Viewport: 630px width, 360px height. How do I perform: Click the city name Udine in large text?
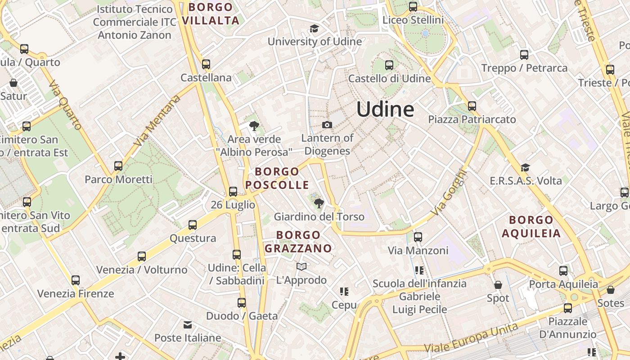[x=385, y=109]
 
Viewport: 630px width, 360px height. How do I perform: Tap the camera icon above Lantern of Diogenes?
[x=327, y=125]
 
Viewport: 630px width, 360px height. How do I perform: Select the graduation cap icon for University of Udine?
[x=314, y=29]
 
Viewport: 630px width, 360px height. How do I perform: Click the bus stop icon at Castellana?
[x=206, y=64]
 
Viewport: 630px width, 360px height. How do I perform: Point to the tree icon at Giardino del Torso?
[x=319, y=203]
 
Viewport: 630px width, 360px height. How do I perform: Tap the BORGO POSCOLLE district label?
[x=277, y=178]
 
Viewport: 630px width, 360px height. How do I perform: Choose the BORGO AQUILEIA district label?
[x=531, y=226]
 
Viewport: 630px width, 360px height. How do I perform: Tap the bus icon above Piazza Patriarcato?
[x=472, y=106]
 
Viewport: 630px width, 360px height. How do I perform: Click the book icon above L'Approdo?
[x=301, y=267]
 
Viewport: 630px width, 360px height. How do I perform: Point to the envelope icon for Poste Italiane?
[x=188, y=324]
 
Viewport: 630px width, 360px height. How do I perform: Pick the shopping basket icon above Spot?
[x=498, y=285]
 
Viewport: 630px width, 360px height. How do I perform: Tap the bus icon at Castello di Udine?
[x=389, y=65]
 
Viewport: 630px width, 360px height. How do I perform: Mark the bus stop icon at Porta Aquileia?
[x=563, y=271]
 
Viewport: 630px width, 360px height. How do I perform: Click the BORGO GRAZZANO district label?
[x=298, y=242]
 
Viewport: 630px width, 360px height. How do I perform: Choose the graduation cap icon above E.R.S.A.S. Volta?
[x=525, y=168]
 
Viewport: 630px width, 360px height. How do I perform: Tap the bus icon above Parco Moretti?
[x=118, y=166]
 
